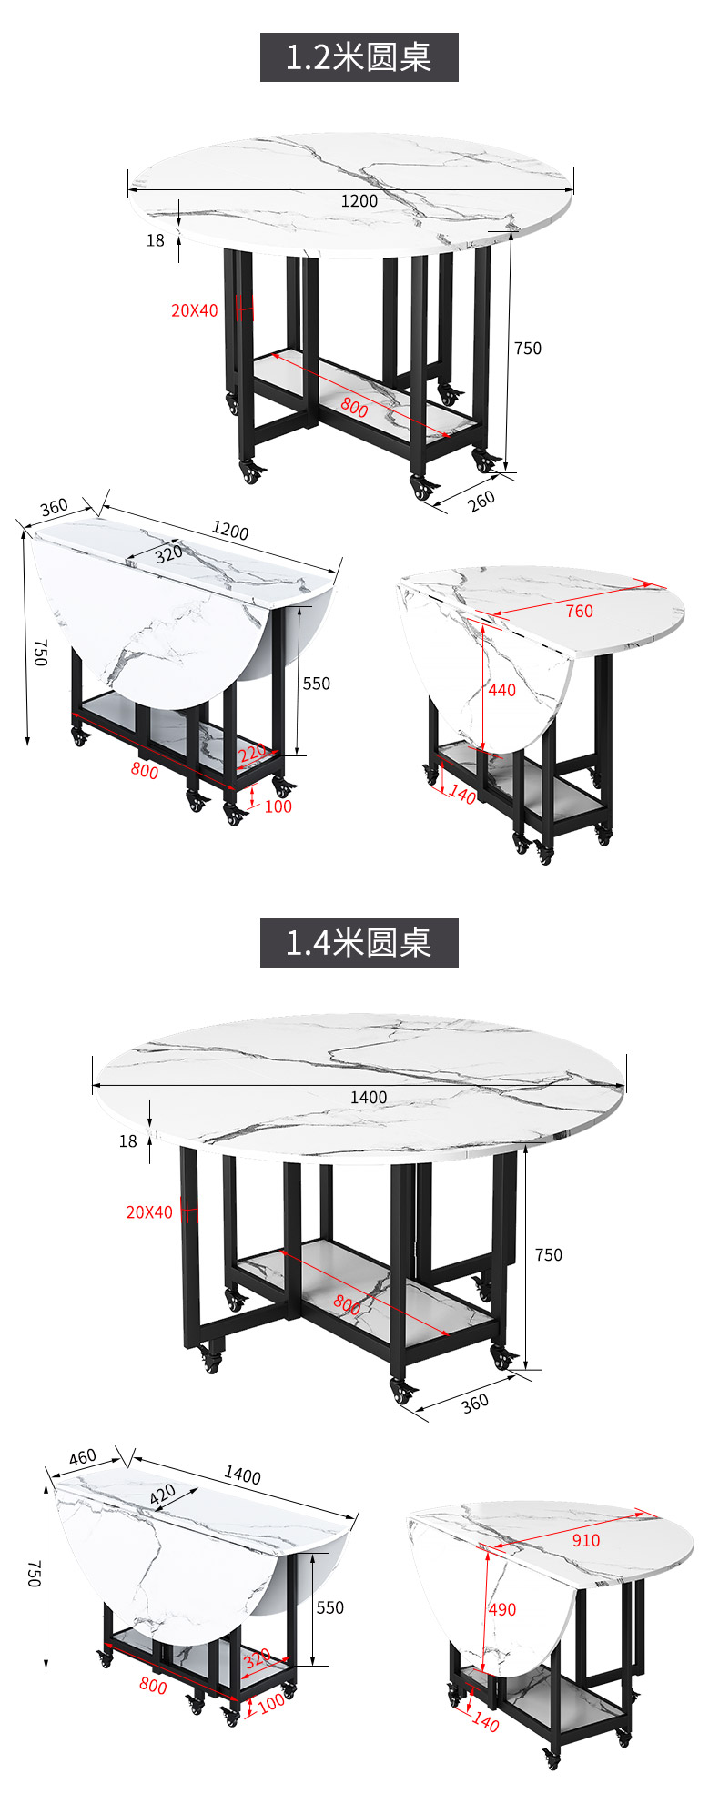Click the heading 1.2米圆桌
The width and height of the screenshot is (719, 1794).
(359, 57)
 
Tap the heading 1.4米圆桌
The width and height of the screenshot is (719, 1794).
(359, 942)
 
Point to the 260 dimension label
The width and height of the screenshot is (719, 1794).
(481, 500)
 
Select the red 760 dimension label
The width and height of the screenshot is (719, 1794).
(579, 612)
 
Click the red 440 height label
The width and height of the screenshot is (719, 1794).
(501, 690)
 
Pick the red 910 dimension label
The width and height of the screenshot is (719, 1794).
(585, 1540)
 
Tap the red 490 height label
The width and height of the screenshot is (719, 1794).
(502, 1609)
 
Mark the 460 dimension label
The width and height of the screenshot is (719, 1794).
(82, 1457)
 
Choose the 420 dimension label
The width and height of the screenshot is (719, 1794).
(163, 1495)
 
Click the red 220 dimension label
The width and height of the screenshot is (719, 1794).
(252, 752)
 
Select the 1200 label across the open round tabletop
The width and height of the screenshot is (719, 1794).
(359, 201)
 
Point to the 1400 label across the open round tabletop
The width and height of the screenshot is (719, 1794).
(369, 1098)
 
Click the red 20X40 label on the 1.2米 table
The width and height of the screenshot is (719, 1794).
(195, 310)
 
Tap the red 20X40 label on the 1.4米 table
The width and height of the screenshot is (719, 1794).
(149, 1212)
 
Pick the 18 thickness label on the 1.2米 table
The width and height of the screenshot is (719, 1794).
(156, 240)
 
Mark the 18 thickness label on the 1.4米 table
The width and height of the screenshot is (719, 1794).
(128, 1141)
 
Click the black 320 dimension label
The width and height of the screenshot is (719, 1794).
(167, 553)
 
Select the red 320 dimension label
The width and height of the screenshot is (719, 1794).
(258, 1657)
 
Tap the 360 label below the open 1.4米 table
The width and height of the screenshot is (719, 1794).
(474, 1403)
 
